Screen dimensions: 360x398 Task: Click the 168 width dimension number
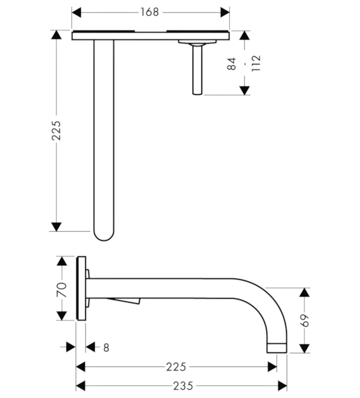coord(150,12)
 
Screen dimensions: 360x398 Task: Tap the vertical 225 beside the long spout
coord(56,131)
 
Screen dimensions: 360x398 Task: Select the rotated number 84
coord(231,64)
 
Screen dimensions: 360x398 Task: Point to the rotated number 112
coord(256,63)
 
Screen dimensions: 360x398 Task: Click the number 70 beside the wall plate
coord(62,289)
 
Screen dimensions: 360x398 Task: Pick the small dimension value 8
coord(106,347)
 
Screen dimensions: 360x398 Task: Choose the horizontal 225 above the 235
coord(176,367)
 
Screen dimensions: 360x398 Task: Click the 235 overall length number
coord(183,386)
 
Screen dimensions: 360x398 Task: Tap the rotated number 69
coord(304,320)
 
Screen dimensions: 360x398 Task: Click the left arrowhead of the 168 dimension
coord(76,12)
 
